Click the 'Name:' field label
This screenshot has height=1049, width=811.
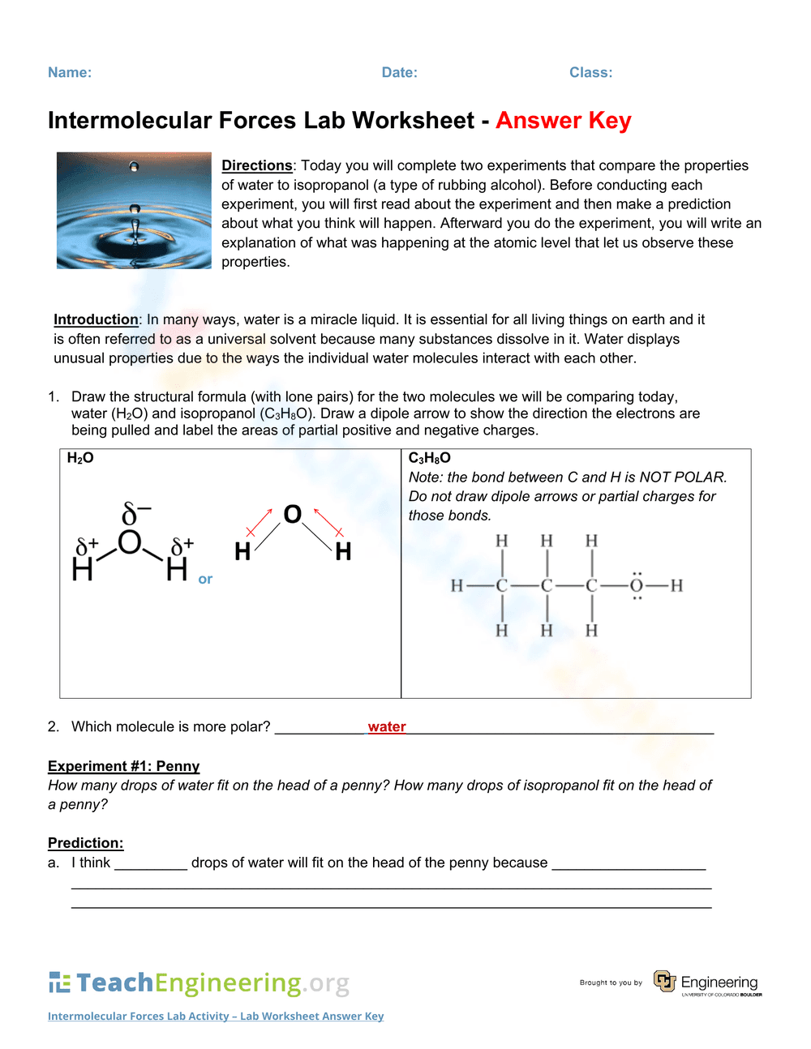(70, 73)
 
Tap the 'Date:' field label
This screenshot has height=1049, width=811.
(399, 73)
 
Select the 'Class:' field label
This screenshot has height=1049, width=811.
(590, 73)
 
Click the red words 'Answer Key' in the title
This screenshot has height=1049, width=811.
(563, 121)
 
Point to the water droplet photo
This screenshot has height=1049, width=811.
(134, 210)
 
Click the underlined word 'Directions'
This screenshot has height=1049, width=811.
(256, 165)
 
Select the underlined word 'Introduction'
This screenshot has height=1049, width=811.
(96, 319)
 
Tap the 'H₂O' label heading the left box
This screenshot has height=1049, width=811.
(80, 458)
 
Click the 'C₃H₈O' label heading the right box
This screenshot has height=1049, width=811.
(429, 458)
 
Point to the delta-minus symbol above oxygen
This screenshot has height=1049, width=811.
(135, 514)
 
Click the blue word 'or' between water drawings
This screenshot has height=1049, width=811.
(205, 579)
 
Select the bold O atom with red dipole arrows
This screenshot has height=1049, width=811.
(292, 514)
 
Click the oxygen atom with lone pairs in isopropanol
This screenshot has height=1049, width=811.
(637, 585)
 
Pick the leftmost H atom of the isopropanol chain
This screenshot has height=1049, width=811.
(457, 585)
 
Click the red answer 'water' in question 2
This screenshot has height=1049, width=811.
(387, 726)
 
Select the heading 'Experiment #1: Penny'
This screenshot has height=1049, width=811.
(123, 766)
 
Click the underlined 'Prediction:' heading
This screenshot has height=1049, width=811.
(85, 843)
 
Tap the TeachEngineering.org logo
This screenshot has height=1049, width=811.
(199, 983)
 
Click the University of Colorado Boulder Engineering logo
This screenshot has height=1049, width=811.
(707, 983)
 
